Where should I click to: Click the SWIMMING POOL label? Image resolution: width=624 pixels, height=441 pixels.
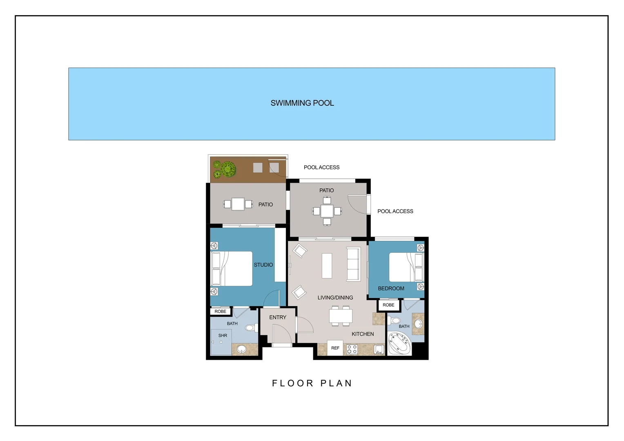(302, 103)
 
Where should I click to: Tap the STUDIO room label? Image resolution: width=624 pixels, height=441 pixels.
(263, 265)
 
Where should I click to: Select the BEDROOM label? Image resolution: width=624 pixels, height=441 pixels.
(391, 289)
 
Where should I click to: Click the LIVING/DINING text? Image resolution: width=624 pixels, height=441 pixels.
(335, 298)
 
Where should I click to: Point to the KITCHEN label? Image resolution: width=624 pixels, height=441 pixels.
(363, 334)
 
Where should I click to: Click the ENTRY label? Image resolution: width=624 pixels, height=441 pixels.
(278, 317)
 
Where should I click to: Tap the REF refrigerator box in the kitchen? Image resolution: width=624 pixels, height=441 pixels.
(335, 348)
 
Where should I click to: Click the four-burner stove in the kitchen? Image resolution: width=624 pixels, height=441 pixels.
(352, 350)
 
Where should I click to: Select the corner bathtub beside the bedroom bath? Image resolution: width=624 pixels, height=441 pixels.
(400, 343)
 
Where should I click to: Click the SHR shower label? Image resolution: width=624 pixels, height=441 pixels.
(223, 336)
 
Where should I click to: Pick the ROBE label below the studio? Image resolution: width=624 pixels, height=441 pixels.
(221, 312)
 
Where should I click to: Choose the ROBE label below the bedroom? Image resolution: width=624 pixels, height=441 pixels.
(388, 305)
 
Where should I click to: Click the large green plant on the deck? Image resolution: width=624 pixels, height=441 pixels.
(228, 169)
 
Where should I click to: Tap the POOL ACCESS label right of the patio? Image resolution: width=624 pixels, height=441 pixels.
(395, 212)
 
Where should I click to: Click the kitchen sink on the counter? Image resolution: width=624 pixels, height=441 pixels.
(379, 350)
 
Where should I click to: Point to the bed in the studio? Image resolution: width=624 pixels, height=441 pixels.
(232, 269)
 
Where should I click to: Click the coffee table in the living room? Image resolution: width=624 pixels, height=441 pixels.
(327, 265)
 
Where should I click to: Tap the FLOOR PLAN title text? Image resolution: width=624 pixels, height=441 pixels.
(312, 383)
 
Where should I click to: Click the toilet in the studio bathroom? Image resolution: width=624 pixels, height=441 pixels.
(252, 327)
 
